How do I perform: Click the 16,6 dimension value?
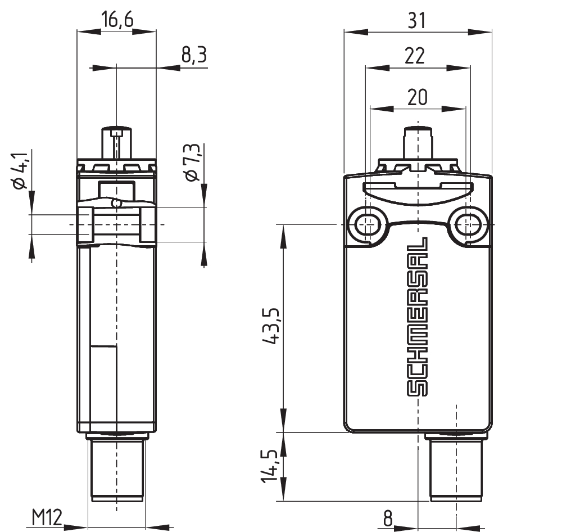117,19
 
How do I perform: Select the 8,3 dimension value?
194,55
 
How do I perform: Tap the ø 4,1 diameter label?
20,171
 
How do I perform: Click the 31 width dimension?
417,20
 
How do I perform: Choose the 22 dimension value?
415,56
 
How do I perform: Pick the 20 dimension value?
417,97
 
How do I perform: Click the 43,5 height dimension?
271,326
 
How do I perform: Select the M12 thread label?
47,517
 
